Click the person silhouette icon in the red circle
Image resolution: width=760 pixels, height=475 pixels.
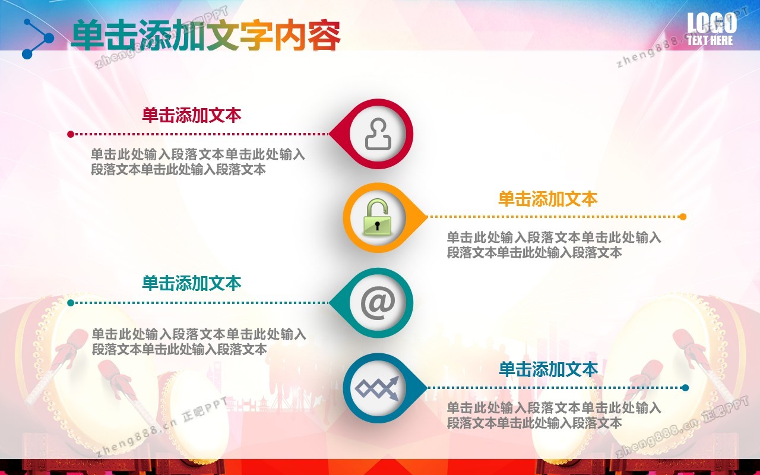click(378, 134)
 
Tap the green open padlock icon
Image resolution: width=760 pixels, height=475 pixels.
click(377, 217)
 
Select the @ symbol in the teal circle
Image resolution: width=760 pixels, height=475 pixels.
click(378, 303)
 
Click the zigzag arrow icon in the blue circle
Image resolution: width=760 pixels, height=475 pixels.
click(377, 388)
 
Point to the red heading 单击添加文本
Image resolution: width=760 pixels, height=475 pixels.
click(192, 115)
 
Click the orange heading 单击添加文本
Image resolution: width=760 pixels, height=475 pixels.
click(548, 199)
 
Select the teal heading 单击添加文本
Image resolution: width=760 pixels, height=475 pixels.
click(192, 283)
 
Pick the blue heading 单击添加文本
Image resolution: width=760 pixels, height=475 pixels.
click(548, 369)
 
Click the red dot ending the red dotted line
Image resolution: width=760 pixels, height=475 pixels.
click(71, 134)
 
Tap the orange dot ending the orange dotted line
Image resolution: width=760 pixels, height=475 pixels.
click(683, 217)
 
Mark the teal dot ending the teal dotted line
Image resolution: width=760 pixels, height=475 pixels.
click(71, 303)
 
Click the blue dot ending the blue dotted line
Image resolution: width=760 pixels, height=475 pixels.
click(685, 388)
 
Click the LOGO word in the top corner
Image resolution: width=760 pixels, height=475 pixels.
click(712, 23)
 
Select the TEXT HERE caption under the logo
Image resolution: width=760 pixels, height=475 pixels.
click(710, 40)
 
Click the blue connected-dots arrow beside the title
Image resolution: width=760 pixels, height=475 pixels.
click(37, 39)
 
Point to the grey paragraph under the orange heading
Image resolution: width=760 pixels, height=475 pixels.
click(554, 245)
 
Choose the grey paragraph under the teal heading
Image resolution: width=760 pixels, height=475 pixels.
click(199, 341)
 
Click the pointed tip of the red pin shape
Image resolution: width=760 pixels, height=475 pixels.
click(329, 134)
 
